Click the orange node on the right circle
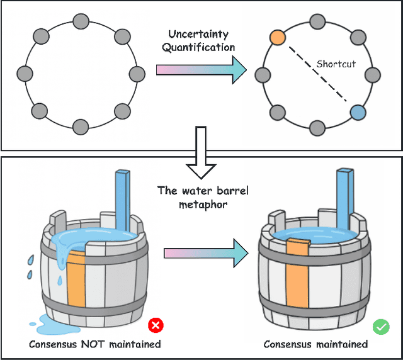coord(276,38)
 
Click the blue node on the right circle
coord(357,113)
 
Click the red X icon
coord(155,326)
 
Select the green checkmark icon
coord(381,327)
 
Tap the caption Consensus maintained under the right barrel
coord(315,344)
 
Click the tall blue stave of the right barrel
coord(344,195)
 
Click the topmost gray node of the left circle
coord(80,21)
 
